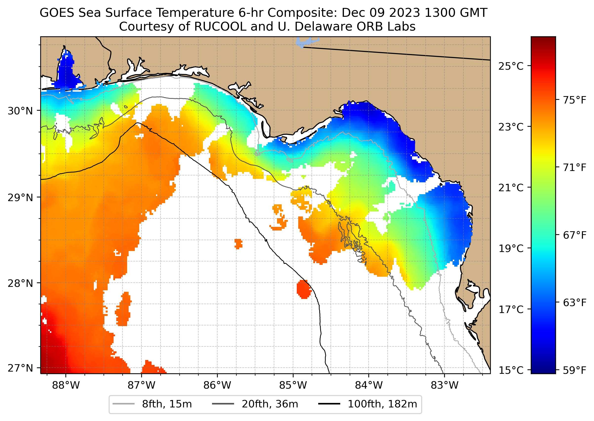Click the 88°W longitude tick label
[66, 385]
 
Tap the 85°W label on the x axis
[293, 385]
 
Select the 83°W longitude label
[445, 385]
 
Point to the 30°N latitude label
[20, 111]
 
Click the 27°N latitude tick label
[20, 368]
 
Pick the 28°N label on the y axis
[20, 283]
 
